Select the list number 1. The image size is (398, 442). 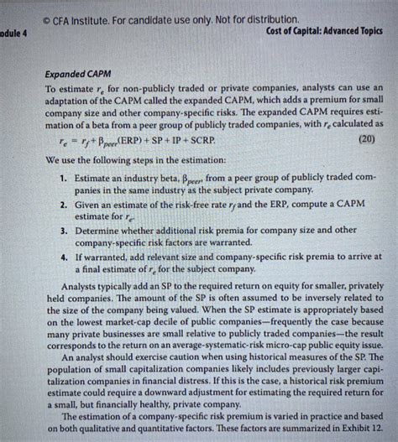[x=64, y=179]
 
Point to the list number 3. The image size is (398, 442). [x=64, y=229]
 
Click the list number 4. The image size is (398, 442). [x=64, y=257]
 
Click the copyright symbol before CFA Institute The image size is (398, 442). [x=51, y=18]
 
